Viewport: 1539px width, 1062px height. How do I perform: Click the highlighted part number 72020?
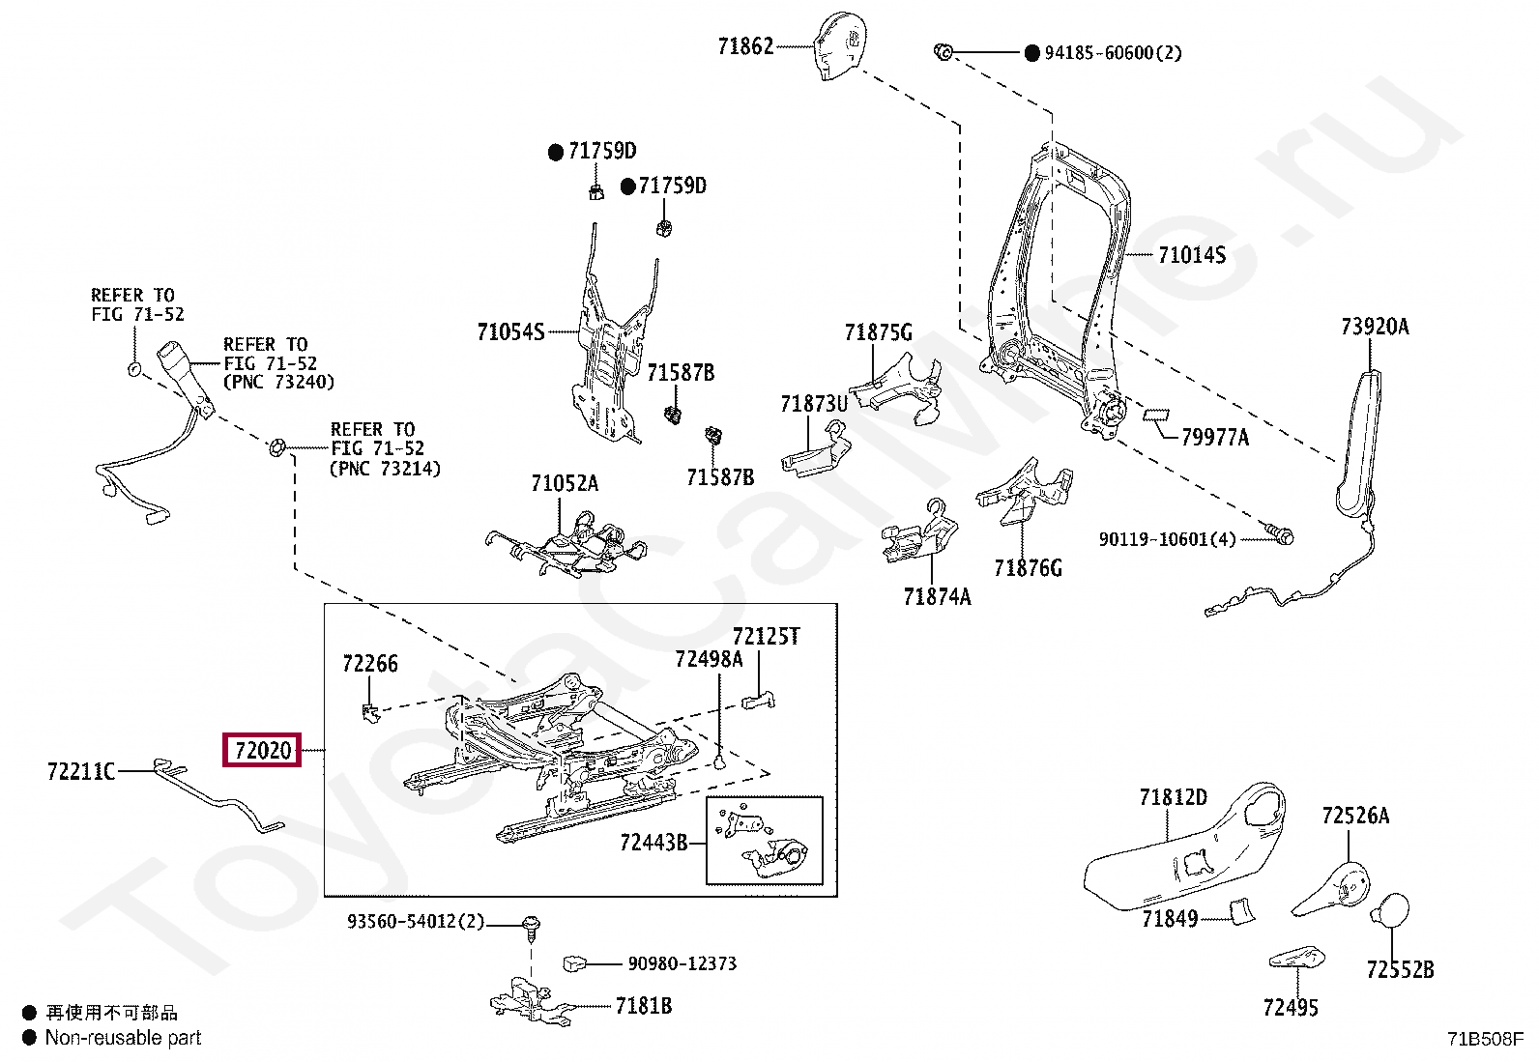(x=263, y=750)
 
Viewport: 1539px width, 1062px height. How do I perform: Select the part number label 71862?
(x=746, y=45)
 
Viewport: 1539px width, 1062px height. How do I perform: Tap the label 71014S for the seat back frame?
(x=1191, y=255)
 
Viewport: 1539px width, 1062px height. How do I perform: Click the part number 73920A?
(x=1374, y=327)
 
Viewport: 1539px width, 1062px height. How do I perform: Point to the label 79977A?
(x=1215, y=438)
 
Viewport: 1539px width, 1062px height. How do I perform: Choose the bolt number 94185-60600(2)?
(x=1112, y=52)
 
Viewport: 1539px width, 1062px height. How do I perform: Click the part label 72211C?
(x=81, y=770)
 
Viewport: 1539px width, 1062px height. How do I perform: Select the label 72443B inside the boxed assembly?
(x=653, y=843)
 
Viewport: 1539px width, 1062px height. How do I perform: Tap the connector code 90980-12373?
(x=682, y=963)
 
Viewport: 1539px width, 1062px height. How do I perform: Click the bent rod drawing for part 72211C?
(x=222, y=797)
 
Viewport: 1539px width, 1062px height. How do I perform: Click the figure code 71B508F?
(x=1485, y=1040)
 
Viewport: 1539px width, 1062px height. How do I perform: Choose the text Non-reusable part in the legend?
(x=124, y=1038)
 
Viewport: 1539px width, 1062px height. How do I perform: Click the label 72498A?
(x=709, y=659)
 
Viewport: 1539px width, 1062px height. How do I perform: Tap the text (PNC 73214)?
(x=385, y=469)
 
